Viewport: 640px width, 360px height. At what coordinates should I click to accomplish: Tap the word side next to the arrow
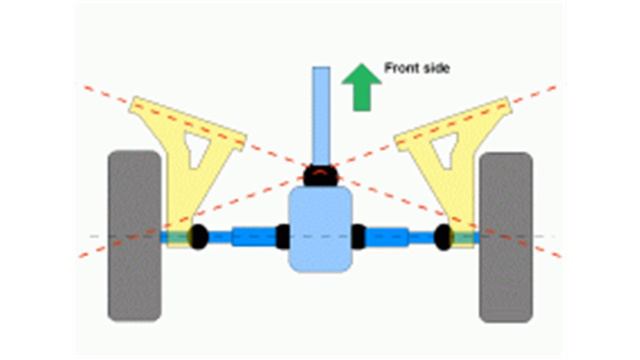pyautogui.click(x=436, y=69)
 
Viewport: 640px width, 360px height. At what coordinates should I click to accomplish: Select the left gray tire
pyautogui.click(x=134, y=236)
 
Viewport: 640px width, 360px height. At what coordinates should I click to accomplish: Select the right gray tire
pyautogui.click(x=505, y=236)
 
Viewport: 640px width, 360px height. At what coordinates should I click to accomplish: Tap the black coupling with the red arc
pyautogui.click(x=320, y=174)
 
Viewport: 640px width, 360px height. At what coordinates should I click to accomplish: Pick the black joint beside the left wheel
pyautogui.click(x=196, y=237)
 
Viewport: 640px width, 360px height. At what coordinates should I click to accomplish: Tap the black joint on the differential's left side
pyautogui.click(x=283, y=237)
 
